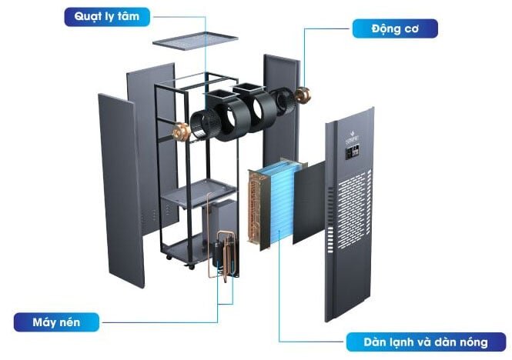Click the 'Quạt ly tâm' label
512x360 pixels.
pos(108,16)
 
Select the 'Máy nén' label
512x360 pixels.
pos(55,321)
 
